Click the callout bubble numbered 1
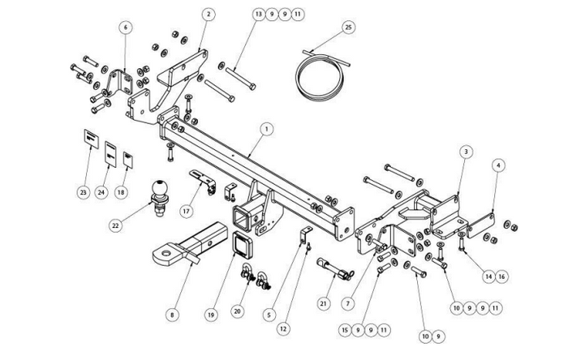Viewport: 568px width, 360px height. [267, 129]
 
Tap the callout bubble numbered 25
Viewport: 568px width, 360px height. [348, 27]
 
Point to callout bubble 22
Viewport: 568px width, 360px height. [115, 225]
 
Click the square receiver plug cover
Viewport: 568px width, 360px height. [243, 245]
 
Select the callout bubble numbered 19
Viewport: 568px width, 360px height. [211, 315]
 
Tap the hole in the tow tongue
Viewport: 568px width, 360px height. [166, 252]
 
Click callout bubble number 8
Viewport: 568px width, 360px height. [172, 315]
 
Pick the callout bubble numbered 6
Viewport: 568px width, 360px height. [126, 27]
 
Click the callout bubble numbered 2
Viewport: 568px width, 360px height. [209, 15]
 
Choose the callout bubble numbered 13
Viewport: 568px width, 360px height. [258, 15]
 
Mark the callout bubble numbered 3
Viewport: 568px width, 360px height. [467, 152]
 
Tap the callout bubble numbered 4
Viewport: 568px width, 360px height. [498, 165]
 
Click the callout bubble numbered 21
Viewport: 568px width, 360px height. [324, 303]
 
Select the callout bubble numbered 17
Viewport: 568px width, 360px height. [187, 211]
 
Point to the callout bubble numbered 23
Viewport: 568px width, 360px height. [84, 192]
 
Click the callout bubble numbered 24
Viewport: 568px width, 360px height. [101, 192]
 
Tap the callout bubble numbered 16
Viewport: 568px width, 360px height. [501, 276]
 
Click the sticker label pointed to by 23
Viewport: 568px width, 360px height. [91, 139]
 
